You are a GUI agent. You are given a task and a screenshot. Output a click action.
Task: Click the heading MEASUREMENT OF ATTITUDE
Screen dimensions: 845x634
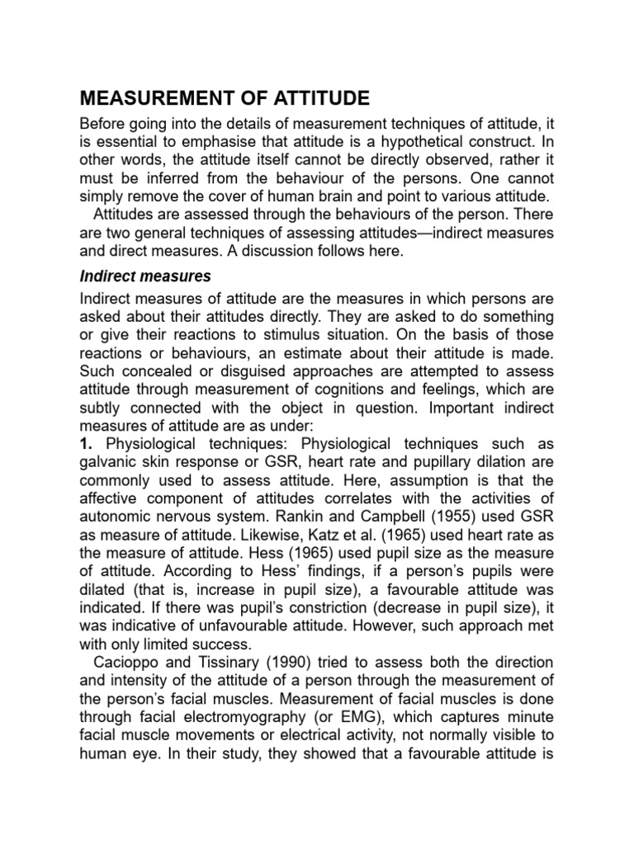pos(225,99)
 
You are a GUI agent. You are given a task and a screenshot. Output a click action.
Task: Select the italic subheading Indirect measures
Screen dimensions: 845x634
pos(145,275)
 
